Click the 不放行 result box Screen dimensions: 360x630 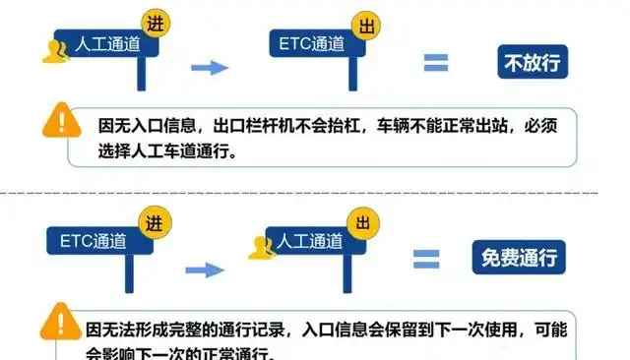coord(533,64)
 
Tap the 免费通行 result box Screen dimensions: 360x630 coord(519,259)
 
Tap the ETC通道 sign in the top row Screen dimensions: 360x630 coord(311,45)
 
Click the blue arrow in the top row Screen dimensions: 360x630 coord(209,67)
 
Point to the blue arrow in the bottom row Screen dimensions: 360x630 coord(205,269)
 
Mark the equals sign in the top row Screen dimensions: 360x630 coord(435,64)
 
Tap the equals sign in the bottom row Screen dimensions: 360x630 coord(425,259)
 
